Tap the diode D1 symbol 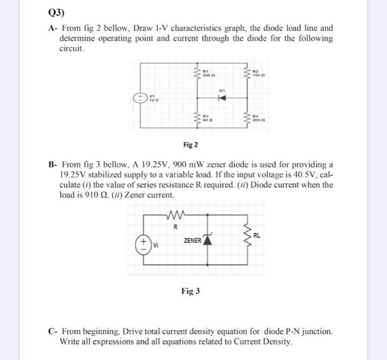(x=223, y=98)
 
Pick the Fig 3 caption (x=190, y=291)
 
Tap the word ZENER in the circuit (x=192, y=240)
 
